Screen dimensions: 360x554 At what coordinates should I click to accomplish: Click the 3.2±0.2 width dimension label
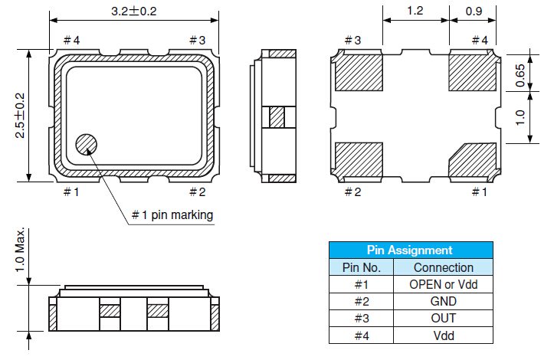[134, 11]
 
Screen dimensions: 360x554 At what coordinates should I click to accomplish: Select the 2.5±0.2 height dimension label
[20, 116]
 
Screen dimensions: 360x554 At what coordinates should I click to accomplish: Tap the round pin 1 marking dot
[87, 144]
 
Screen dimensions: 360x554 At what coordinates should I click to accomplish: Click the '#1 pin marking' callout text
[172, 214]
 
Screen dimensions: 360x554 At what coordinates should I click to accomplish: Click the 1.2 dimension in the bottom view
[415, 11]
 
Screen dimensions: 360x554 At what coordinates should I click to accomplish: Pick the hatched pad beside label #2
[359, 159]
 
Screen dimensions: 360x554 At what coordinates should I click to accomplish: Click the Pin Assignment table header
[410, 250]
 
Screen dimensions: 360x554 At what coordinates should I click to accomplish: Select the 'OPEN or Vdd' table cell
[443, 284]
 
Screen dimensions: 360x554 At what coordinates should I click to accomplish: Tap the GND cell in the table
[443, 301]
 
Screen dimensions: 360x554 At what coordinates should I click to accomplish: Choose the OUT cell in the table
[443, 318]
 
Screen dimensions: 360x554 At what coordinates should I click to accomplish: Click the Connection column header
[443, 267]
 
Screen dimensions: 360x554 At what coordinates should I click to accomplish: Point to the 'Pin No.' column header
[361, 267]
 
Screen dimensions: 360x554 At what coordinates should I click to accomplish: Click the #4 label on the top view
[72, 40]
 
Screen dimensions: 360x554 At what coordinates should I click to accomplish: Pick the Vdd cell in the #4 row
[443, 335]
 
